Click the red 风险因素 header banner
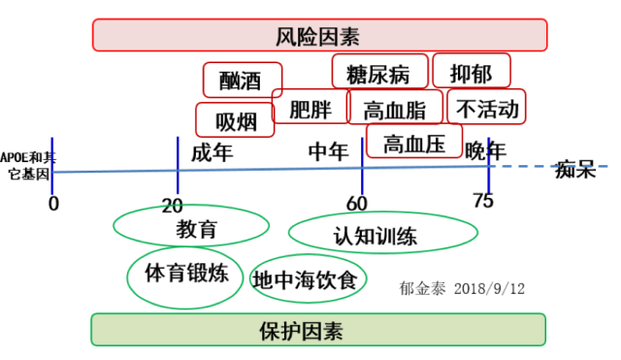pyautogui.click(x=319, y=35)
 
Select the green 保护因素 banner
pyautogui.click(x=318, y=330)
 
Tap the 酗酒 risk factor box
pyautogui.click(x=243, y=80)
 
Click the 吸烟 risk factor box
pyautogui.click(x=235, y=120)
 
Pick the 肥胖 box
pyautogui.click(x=310, y=106)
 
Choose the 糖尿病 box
pyautogui.click(x=379, y=71)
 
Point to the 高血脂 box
pyautogui.click(x=395, y=107)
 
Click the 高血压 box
pyautogui.click(x=414, y=141)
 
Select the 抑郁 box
pyautogui.click(x=472, y=71)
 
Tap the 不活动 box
pyautogui.click(x=486, y=107)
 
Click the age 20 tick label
pyautogui.click(x=173, y=206)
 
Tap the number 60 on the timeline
pyautogui.click(x=357, y=204)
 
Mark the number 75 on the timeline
pyautogui.click(x=483, y=201)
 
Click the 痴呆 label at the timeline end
pyautogui.click(x=575, y=170)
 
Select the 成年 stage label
pyautogui.click(x=212, y=153)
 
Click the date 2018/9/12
pyautogui.click(x=489, y=289)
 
